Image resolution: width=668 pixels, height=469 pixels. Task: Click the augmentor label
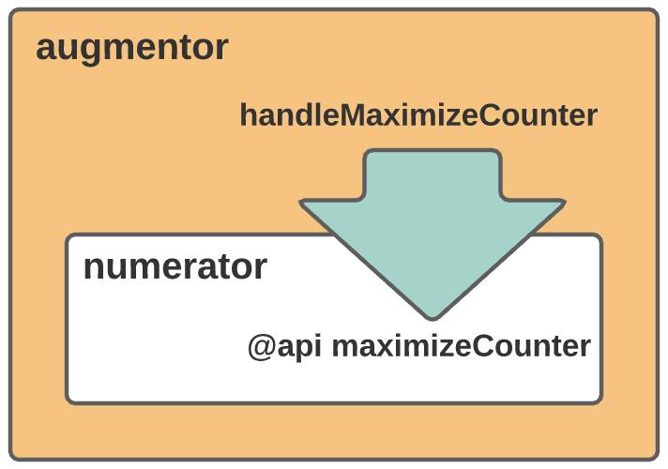(x=132, y=49)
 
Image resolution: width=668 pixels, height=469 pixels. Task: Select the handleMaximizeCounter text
(x=418, y=115)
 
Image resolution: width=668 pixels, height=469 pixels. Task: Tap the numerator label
(x=175, y=267)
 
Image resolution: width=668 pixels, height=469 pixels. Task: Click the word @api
(x=284, y=347)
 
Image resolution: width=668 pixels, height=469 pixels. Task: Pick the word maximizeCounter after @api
(x=462, y=346)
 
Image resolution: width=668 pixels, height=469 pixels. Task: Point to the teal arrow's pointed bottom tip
(x=433, y=319)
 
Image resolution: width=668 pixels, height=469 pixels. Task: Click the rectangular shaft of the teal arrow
(x=433, y=174)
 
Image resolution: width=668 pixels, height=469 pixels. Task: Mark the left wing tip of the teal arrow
(x=301, y=202)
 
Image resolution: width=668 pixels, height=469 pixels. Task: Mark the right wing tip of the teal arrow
(x=564, y=202)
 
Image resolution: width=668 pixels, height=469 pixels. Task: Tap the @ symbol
(x=261, y=347)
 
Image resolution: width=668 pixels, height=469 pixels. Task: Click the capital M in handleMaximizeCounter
(x=352, y=115)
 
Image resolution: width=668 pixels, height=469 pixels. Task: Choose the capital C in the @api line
(x=484, y=346)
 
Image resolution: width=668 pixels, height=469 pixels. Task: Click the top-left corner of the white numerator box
(x=67, y=234)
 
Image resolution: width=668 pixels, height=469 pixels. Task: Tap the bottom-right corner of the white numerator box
(x=601, y=402)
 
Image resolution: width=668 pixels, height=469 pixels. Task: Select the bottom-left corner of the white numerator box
(x=67, y=402)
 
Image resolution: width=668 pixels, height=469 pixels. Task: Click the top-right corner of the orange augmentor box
(x=658, y=9)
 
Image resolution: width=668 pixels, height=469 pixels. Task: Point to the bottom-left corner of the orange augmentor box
(x=10, y=460)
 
